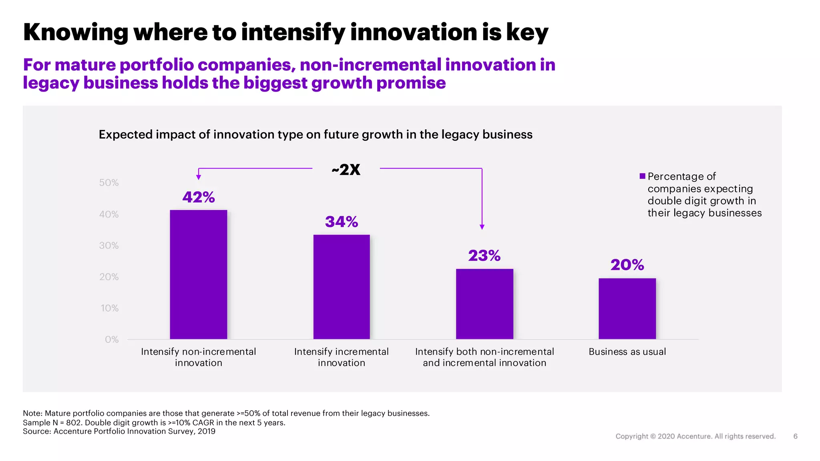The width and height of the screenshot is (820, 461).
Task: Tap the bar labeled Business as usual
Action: pyautogui.click(x=627, y=309)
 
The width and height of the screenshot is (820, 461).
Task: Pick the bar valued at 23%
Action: pyautogui.click(x=484, y=304)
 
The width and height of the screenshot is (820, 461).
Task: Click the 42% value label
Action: pyautogui.click(x=199, y=197)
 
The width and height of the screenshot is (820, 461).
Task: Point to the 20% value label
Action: pyautogui.click(x=627, y=265)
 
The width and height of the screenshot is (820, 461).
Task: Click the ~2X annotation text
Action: pyautogui.click(x=346, y=170)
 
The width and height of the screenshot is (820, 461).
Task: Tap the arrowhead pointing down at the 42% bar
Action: pyautogui.click(x=199, y=177)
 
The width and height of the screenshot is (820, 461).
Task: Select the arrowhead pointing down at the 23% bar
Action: pyautogui.click(x=482, y=227)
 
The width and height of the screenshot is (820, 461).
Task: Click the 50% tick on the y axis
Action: pyautogui.click(x=109, y=183)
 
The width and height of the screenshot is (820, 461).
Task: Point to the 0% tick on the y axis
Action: pyautogui.click(x=112, y=340)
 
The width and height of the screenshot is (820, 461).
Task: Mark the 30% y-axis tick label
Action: pyautogui.click(x=109, y=246)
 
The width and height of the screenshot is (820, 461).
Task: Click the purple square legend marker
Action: pyautogui.click(x=642, y=176)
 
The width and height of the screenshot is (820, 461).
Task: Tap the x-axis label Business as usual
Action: pyautogui.click(x=627, y=352)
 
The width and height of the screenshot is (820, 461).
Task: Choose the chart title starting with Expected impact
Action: pyautogui.click(x=316, y=134)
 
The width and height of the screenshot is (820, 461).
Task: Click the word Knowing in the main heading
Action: pyautogui.click(x=75, y=32)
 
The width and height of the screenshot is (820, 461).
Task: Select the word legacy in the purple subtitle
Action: pyautogui.click(x=50, y=83)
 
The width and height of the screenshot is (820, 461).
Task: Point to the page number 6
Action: pyautogui.click(x=795, y=436)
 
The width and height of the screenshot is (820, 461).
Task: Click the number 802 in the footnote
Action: pyautogui.click(x=74, y=423)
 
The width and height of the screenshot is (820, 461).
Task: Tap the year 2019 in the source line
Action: pyautogui.click(x=206, y=431)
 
